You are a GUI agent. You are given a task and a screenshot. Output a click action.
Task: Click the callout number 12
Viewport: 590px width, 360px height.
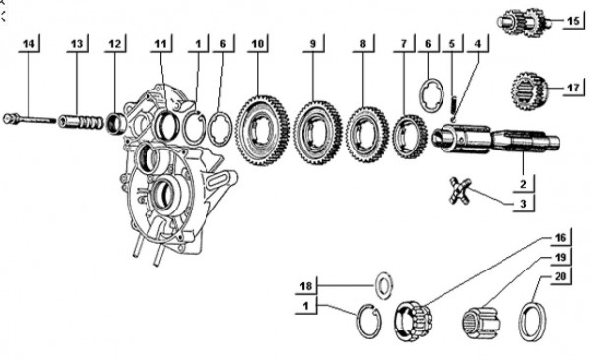pos(117,44)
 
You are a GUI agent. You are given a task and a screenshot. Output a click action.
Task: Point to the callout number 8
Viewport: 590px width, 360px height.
pos(363,44)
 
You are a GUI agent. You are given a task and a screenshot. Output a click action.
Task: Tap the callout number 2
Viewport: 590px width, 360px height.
pos(526,183)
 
